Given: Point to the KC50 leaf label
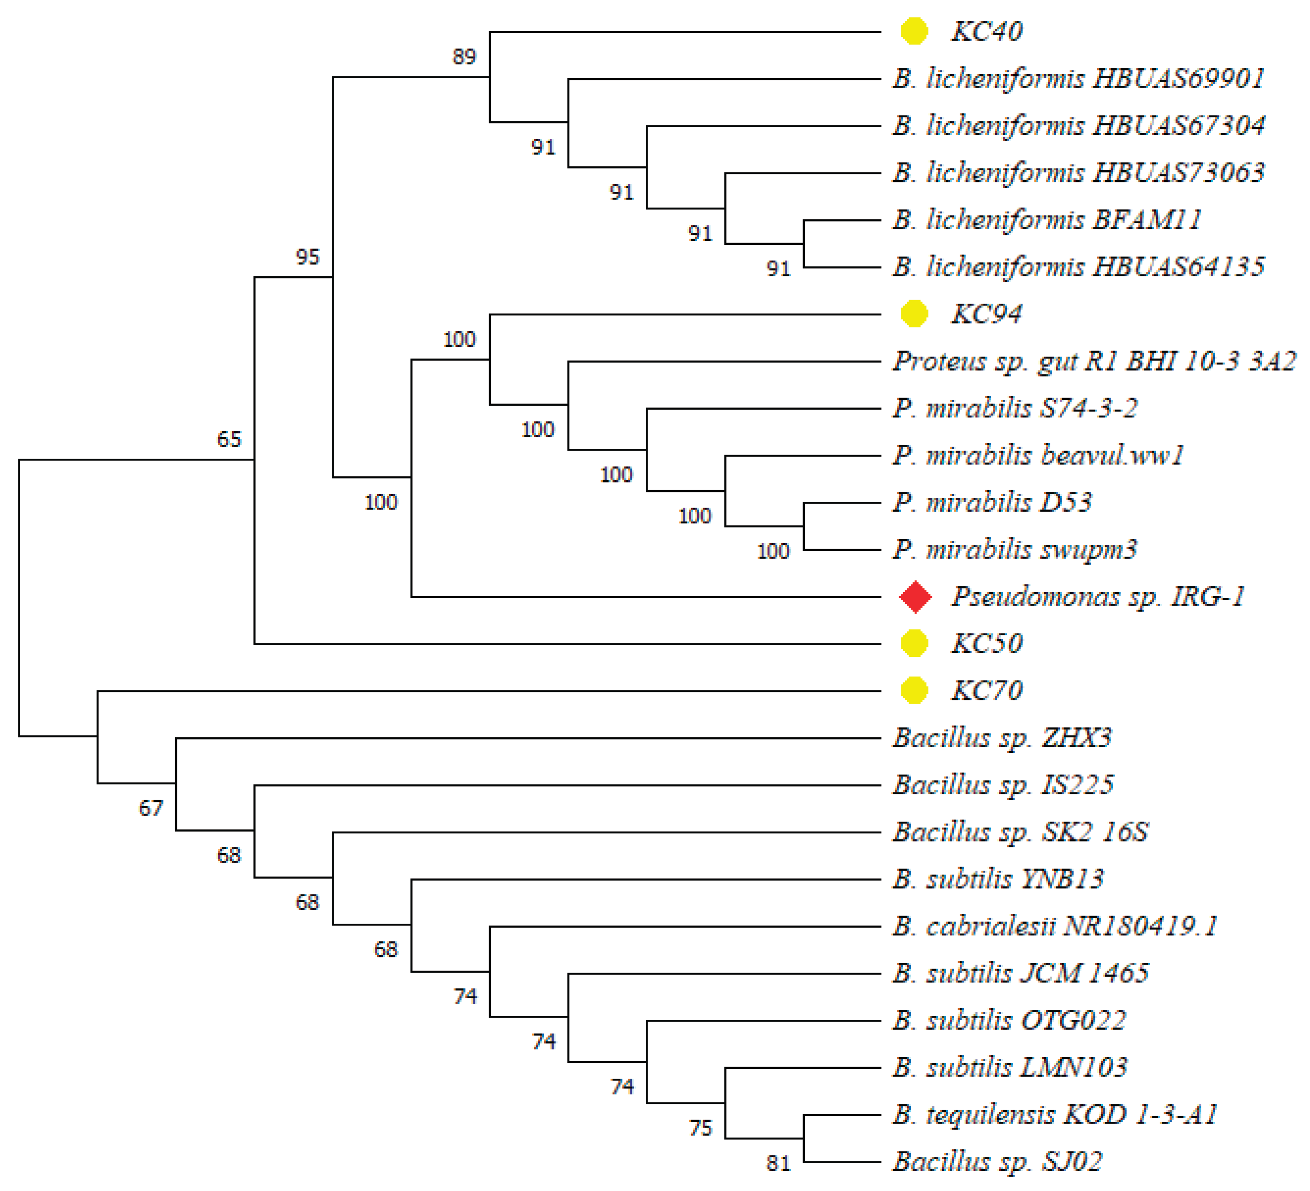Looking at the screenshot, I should point(986,644).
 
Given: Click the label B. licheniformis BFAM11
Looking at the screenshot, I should point(1047,220).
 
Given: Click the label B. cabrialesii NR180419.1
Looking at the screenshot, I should point(1054,926).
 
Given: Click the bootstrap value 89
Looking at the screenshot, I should point(464,57).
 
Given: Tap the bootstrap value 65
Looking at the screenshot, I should point(229,439).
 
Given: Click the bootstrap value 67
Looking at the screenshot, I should point(151,809).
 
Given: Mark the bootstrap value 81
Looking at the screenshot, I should point(778,1164).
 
